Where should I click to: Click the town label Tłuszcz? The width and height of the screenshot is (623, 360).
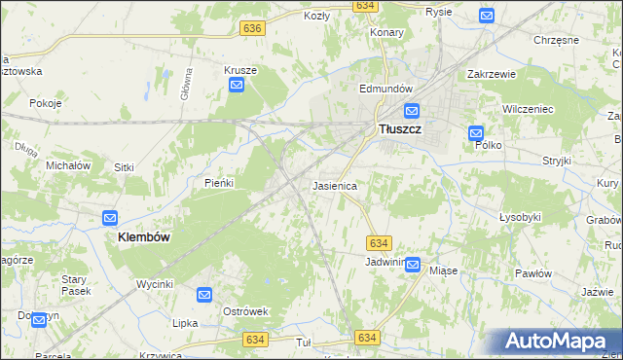pos(399,128)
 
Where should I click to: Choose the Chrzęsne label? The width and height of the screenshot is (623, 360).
pos(557,40)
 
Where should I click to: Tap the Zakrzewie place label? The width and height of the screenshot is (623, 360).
pos(491,74)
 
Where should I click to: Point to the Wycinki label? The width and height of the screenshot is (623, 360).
pos(155,284)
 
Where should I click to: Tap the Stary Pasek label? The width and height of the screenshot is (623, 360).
pos(75,285)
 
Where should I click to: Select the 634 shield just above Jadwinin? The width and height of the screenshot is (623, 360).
pos(380,242)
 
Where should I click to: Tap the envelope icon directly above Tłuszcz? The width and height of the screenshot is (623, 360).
pos(412,111)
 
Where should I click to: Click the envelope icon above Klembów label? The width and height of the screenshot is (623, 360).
pos(110,219)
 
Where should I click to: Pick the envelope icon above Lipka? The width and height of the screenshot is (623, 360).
pos(204,295)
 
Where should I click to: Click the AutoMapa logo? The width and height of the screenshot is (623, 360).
pos(559,342)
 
